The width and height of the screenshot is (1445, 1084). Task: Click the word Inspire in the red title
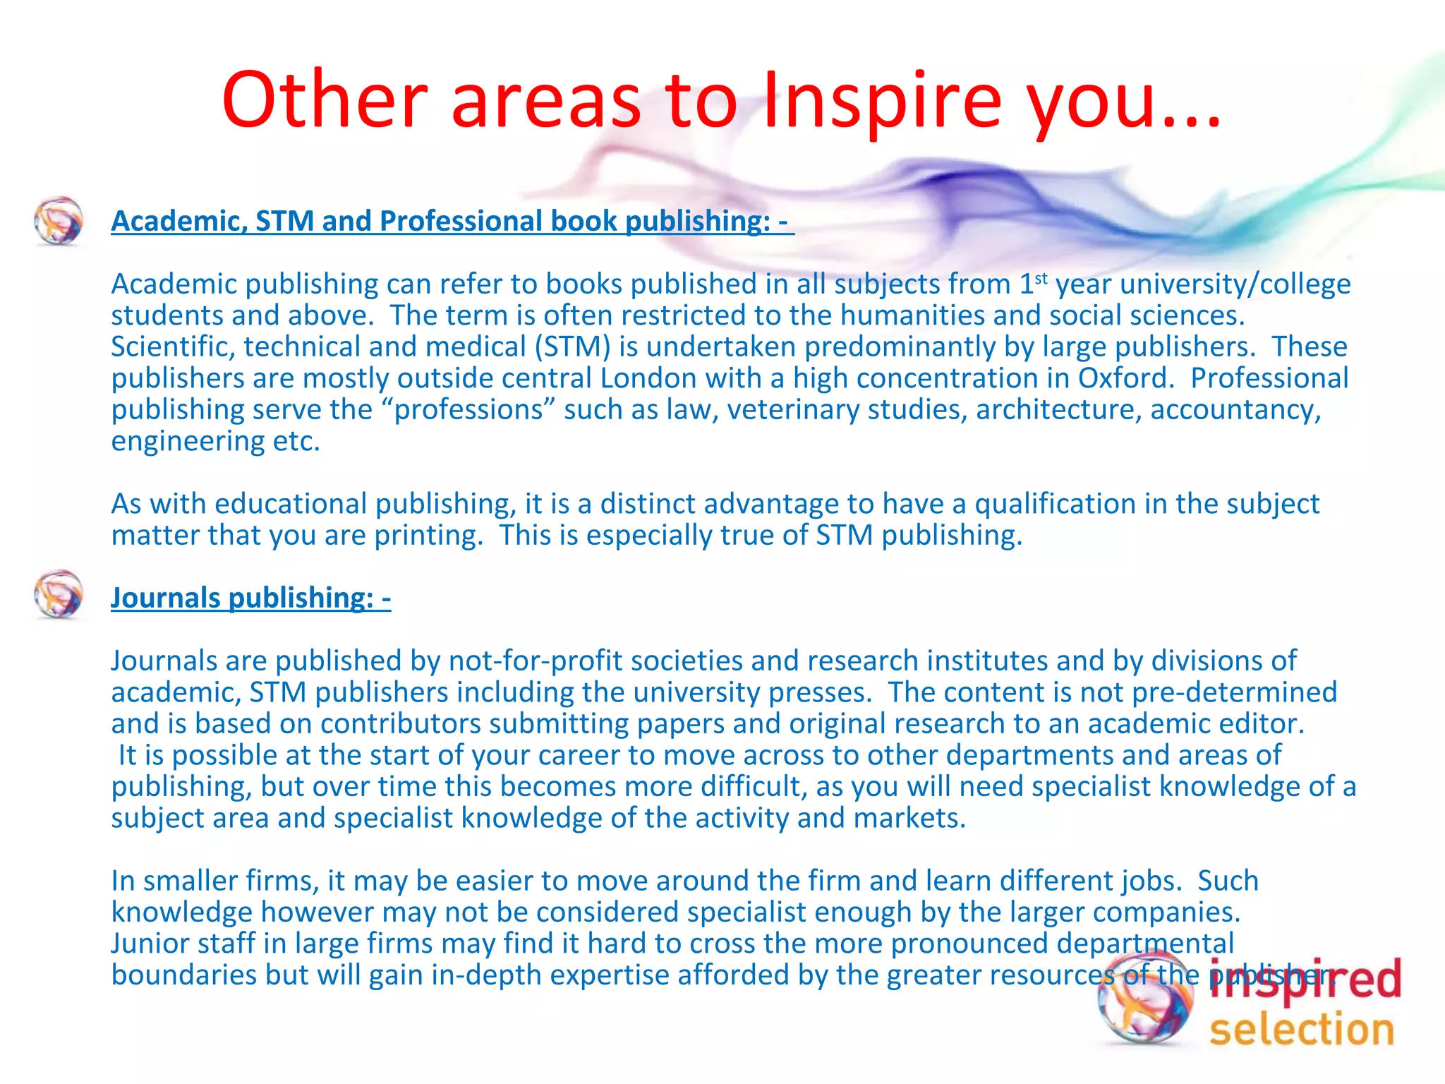click(x=882, y=100)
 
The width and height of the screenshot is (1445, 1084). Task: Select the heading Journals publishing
click(x=250, y=598)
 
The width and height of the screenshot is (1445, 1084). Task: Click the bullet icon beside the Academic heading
click(x=59, y=220)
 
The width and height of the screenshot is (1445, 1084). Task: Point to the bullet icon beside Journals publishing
click(x=59, y=594)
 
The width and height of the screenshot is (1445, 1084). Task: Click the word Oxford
click(x=1125, y=378)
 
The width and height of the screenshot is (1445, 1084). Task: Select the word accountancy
click(x=1235, y=410)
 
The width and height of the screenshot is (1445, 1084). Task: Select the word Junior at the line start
click(x=150, y=944)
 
